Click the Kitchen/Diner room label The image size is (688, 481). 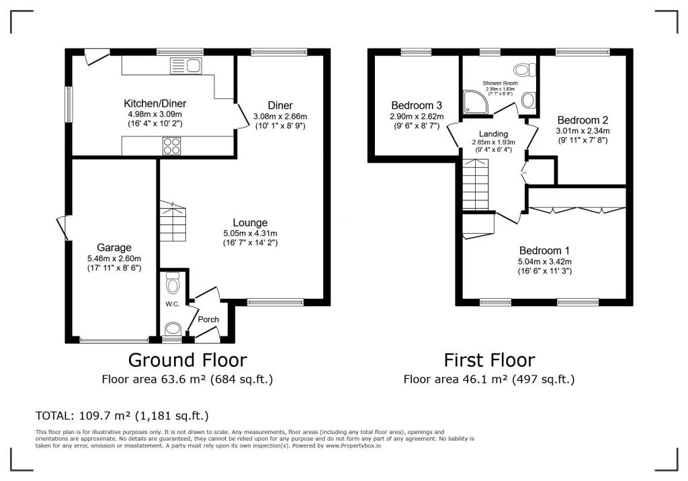155,103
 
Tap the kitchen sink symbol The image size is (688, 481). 185,66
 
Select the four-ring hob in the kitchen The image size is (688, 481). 171,146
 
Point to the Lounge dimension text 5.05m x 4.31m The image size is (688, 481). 250,233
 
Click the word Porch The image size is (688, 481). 208,319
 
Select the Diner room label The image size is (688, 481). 280,105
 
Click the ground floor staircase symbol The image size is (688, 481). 173,222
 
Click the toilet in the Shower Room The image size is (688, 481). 523,69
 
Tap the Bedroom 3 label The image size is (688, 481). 416,105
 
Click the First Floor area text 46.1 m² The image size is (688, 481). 489,379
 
